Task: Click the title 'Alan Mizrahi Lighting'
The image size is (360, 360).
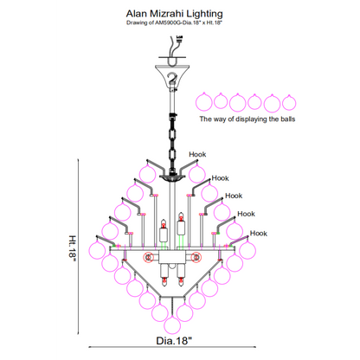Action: tap(174, 14)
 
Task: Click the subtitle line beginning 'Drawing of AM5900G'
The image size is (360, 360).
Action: tap(174, 22)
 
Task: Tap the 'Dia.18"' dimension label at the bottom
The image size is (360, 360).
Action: tap(174, 341)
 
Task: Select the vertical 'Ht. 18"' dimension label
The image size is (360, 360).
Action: tap(73, 248)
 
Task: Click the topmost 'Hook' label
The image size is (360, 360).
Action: tap(197, 154)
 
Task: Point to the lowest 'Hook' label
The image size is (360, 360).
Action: tap(259, 233)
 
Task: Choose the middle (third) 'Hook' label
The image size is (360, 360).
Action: tap(234, 196)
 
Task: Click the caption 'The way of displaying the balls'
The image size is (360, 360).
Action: tap(247, 119)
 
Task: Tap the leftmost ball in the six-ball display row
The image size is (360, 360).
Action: tap(204, 102)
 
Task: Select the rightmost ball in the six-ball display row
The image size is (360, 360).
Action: tap(289, 102)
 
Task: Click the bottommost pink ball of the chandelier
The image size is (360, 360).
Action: tap(172, 325)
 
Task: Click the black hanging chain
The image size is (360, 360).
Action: tap(172, 141)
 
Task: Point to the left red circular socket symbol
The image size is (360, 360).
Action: tap(149, 257)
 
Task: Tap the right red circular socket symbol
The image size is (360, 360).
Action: tap(196, 257)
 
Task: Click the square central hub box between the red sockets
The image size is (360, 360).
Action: tap(172, 257)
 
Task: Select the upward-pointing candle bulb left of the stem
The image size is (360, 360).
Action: tap(164, 230)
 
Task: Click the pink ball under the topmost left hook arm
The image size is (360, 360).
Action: tap(148, 174)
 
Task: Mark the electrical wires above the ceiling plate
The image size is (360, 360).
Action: tap(176, 46)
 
